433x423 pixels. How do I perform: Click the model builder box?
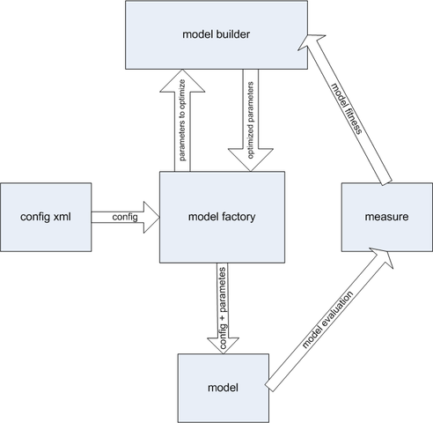(216, 35)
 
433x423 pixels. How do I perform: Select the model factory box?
(222, 217)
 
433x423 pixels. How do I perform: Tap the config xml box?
(46, 217)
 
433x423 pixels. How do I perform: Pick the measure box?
(387, 217)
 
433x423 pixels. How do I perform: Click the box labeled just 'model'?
(224, 388)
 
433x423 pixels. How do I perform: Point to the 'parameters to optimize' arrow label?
(182, 120)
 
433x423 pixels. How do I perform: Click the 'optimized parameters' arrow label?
(250, 120)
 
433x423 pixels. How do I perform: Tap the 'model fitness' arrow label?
(347, 108)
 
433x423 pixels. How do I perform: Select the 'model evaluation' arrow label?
(327, 320)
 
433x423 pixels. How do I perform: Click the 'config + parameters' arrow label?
(223, 308)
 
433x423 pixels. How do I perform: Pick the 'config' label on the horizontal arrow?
(125, 217)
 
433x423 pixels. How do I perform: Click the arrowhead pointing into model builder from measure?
(311, 41)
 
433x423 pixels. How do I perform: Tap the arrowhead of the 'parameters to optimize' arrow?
(182, 81)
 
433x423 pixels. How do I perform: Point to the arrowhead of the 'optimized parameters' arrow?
(251, 160)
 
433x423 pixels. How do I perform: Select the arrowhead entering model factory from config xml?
(151, 218)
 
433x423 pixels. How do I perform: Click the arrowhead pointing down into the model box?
(223, 345)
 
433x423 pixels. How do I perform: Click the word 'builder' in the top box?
(233, 34)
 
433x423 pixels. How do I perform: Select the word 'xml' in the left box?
(62, 217)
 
